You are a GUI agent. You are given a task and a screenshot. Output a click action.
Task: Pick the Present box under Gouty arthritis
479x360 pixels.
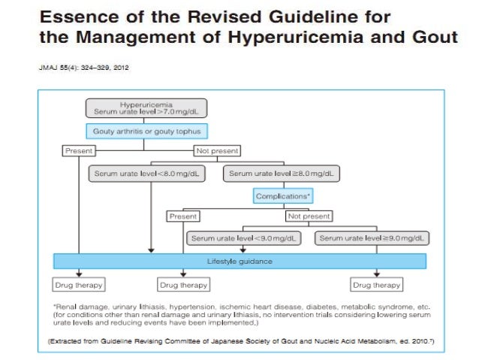click(x=78, y=150)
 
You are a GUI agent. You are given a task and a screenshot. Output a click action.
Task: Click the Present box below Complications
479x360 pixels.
click(x=183, y=216)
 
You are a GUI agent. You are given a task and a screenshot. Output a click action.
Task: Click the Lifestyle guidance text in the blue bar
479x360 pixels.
click(x=239, y=261)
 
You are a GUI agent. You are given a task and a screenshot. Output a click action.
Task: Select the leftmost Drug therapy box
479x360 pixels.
click(x=77, y=285)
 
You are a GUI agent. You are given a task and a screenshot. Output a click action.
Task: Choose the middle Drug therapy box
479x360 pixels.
click(x=183, y=285)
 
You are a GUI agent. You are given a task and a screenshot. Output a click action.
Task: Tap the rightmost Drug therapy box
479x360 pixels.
click(x=377, y=285)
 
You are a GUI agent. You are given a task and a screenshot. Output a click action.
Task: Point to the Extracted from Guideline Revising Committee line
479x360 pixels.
click(x=225, y=340)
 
